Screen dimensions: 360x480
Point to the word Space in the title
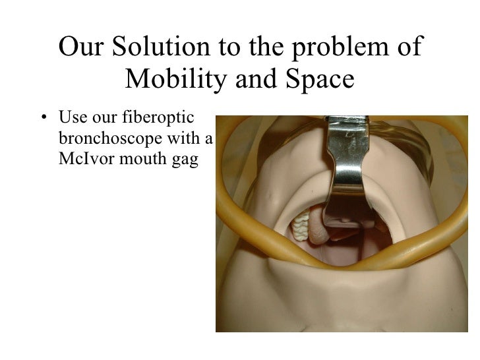pos(320,80)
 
